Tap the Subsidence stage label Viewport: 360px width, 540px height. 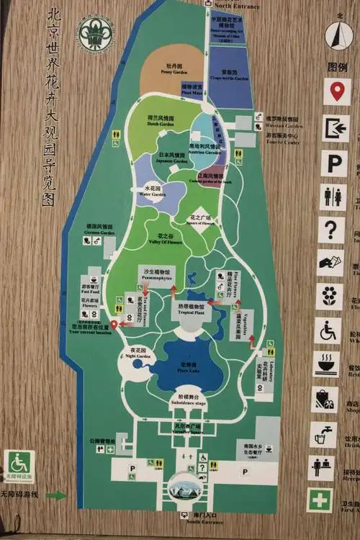coord(189,400)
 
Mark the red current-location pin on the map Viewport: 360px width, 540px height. coord(114,325)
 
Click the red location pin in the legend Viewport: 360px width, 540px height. coord(336,92)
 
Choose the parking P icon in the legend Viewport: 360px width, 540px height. coord(333,163)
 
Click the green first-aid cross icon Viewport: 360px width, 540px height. coord(320,500)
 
